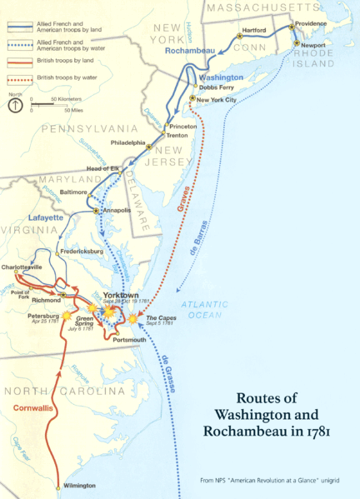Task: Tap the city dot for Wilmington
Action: (58, 486)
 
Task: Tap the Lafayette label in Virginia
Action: (47, 217)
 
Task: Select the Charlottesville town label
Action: (22, 266)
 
